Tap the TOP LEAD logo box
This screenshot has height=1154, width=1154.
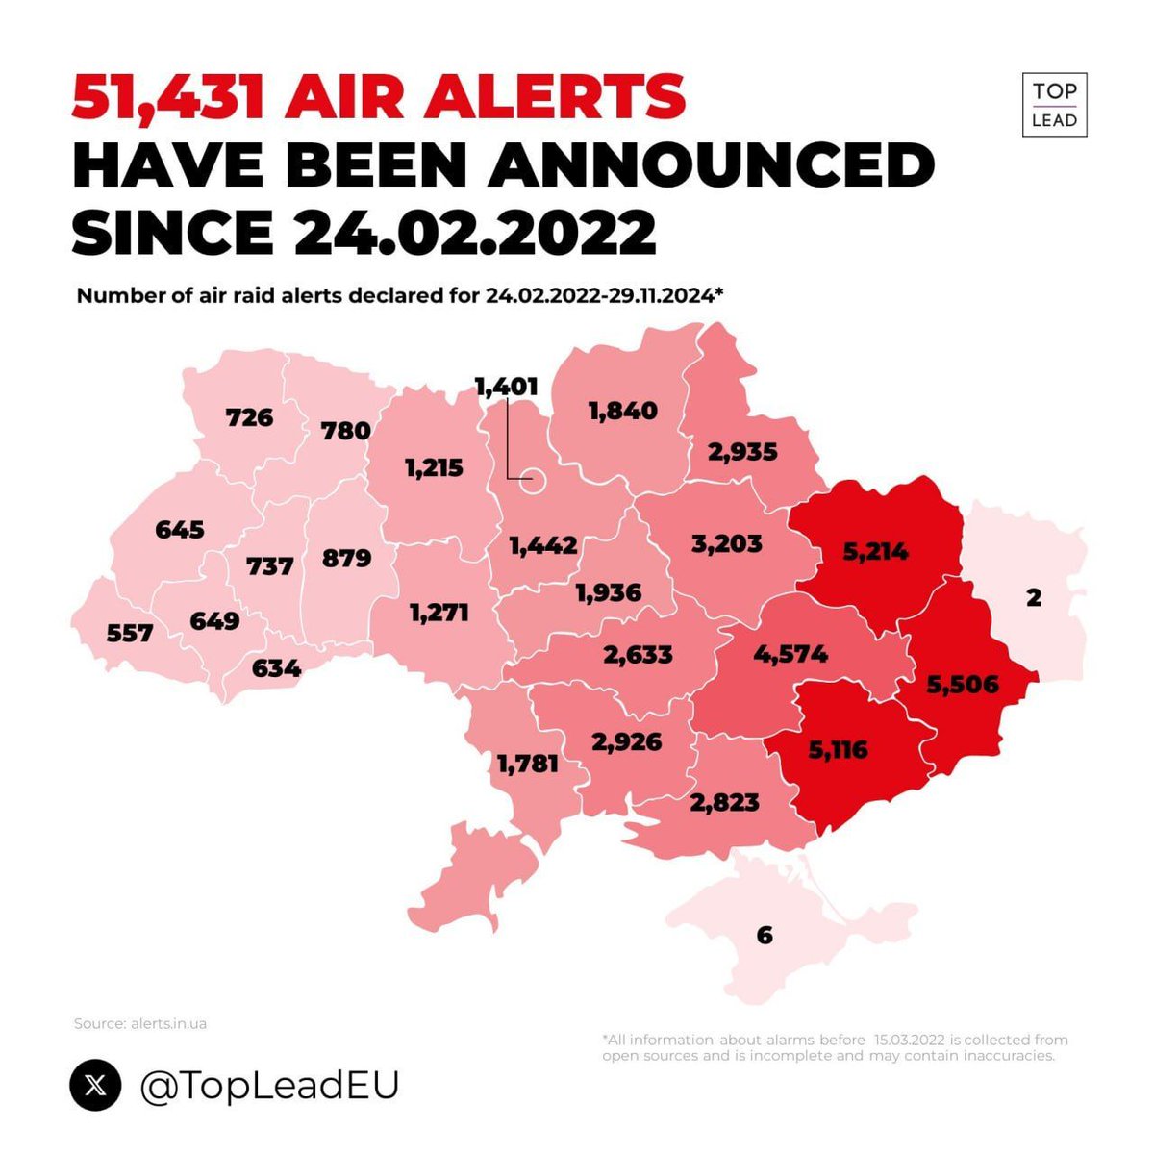tap(1054, 105)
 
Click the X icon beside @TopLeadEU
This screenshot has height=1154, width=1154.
tap(96, 1085)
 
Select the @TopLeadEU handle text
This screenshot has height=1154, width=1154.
tap(269, 1086)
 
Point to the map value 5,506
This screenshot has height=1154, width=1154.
tap(963, 685)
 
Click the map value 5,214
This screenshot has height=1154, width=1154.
tap(875, 552)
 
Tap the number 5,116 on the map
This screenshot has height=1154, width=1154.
tap(838, 749)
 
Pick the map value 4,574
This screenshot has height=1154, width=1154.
tap(790, 655)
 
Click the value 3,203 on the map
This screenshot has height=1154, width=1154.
tap(726, 543)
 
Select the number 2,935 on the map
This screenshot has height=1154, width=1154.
tap(742, 451)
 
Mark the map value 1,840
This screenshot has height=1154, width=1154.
tap(623, 411)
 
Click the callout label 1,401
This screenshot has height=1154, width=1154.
tap(507, 387)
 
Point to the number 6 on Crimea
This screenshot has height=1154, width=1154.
tap(765, 935)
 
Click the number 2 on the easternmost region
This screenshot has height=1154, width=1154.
tap(1034, 597)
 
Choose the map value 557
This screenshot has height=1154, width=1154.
tap(130, 633)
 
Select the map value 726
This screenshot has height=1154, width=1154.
tap(249, 417)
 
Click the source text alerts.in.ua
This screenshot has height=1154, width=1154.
tap(168, 1023)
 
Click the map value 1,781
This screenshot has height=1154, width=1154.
tap(527, 764)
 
